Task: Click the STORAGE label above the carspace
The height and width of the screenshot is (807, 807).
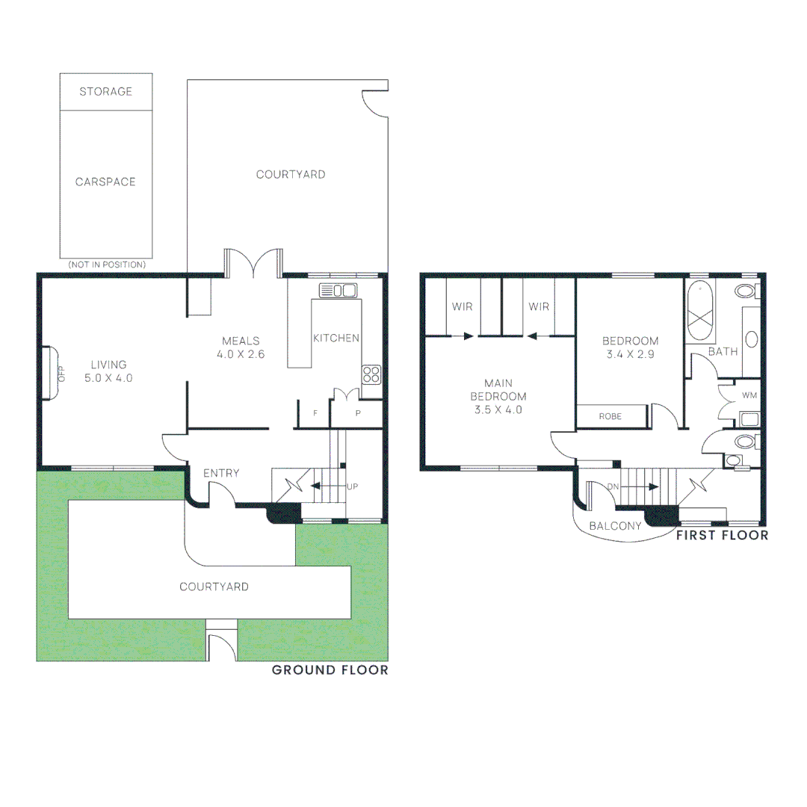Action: (x=105, y=91)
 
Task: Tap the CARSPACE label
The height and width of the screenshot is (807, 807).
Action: (x=105, y=182)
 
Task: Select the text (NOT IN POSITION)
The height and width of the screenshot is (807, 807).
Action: (x=106, y=265)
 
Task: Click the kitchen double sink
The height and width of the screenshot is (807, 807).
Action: (x=338, y=290)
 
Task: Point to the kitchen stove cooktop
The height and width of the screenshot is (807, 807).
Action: (x=371, y=374)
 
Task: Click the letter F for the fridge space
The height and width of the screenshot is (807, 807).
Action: (x=315, y=413)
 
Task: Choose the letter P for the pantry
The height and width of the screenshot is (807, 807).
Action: (x=358, y=413)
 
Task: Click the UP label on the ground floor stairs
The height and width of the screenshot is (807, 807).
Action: (x=353, y=486)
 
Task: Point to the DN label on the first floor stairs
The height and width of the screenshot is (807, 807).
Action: (x=613, y=486)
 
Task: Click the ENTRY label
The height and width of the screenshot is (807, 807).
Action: (x=221, y=473)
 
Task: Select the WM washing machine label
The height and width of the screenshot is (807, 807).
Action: (x=748, y=394)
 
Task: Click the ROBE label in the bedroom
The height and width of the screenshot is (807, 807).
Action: (x=610, y=416)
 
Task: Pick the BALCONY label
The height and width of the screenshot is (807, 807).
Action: (x=615, y=526)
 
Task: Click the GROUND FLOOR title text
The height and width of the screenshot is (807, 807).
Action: (x=330, y=670)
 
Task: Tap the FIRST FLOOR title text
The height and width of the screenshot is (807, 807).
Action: (x=721, y=535)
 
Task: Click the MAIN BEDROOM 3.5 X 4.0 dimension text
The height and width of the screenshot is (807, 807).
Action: (x=498, y=409)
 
